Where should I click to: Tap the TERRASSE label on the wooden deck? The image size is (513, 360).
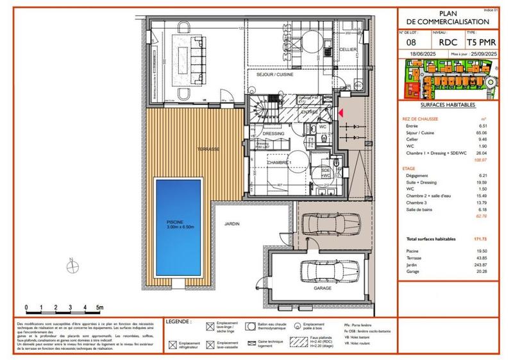click(x=208, y=149)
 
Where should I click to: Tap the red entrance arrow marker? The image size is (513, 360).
click(x=341, y=114)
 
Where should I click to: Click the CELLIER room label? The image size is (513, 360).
click(x=348, y=49)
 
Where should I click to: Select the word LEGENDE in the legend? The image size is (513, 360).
click(x=178, y=320)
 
